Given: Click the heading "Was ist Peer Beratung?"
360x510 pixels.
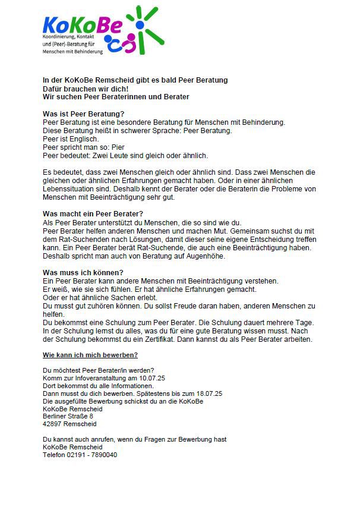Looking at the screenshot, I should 84,114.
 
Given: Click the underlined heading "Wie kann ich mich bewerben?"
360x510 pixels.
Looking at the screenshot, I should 90,355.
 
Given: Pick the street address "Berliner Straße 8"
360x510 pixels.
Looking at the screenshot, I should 68,417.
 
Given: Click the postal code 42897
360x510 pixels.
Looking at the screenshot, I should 53,424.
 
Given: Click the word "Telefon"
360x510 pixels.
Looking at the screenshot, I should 53,455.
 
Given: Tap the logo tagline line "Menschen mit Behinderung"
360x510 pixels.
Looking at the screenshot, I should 72,52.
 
